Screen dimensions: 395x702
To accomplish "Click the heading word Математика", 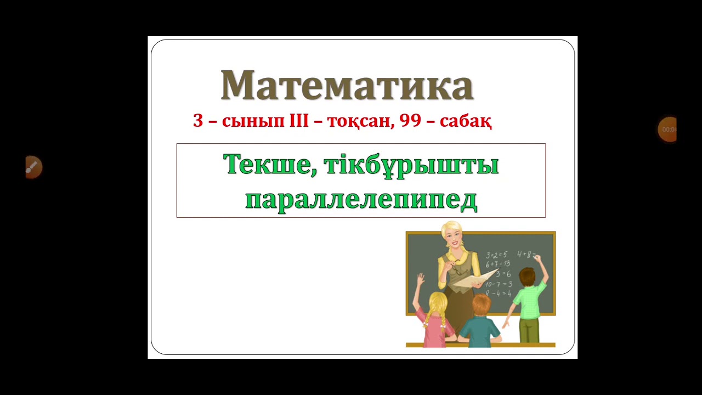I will (347, 86).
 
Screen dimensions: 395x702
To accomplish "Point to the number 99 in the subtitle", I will (410, 121).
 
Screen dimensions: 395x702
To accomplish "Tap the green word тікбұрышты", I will (411, 165).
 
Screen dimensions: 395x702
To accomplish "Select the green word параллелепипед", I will (361, 200).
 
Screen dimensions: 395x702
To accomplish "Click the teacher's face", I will (452, 236).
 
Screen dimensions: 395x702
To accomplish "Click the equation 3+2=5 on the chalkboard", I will (497, 255).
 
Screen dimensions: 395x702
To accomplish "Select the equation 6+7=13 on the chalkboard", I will (498, 264).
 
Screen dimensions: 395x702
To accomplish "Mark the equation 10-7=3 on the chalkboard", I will (499, 284).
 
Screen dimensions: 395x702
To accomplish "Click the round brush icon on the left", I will (33, 167).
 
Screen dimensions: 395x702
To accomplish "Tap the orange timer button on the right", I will (667, 129).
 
